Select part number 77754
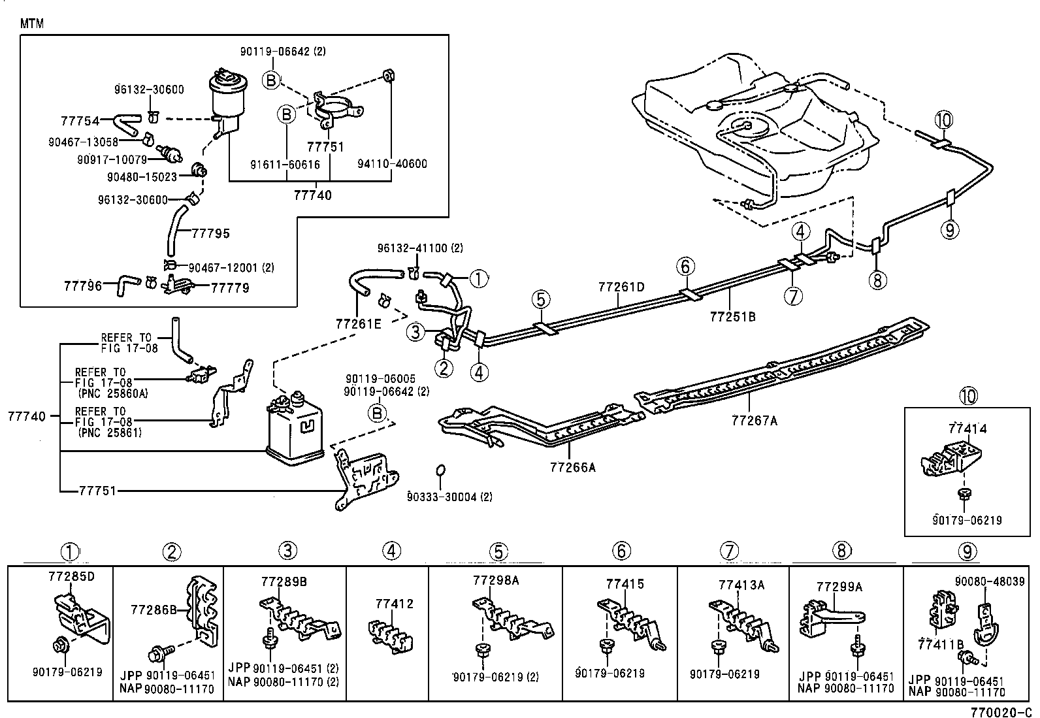tap(80, 121)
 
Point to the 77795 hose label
tap(211, 233)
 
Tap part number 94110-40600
tap(392, 164)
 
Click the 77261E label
tap(358, 323)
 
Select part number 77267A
tap(755, 421)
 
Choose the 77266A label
tap(573, 467)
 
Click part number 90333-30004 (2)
tap(449, 497)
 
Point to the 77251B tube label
tap(732, 317)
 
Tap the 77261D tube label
tap(621, 287)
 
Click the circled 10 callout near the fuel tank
tap(943, 120)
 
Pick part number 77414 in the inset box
tap(967, 429)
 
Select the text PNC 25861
tap(110, 432)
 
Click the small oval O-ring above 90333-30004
tap(441, 471)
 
